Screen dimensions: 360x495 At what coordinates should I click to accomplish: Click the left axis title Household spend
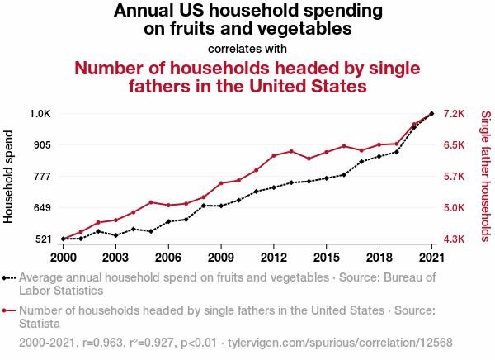10,176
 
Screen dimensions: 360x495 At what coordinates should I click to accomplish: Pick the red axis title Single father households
485,176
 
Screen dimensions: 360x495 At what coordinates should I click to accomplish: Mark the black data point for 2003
115,235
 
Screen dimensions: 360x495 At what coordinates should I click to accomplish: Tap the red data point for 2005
151,202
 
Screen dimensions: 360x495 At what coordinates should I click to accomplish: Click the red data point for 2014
309,159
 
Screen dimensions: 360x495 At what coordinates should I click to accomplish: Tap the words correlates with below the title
248,48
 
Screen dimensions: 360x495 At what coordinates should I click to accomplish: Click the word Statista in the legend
40,324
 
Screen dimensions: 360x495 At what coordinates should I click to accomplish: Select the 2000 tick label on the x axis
63,258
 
